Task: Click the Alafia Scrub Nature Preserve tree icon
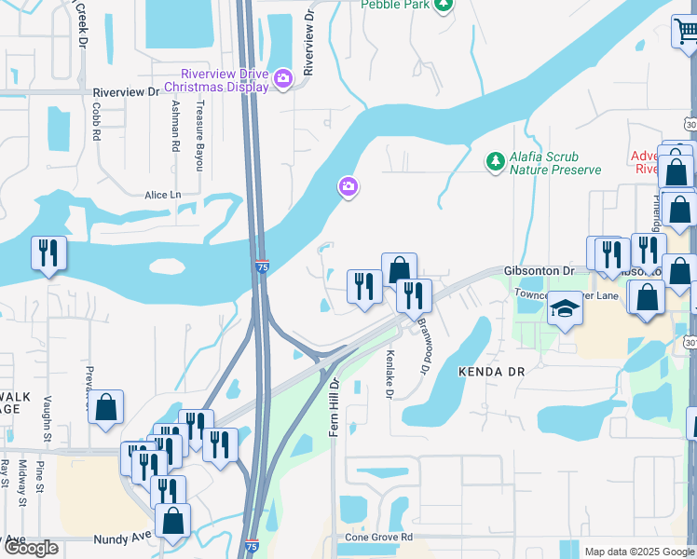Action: click(494, 162)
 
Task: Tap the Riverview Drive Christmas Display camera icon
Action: click(284, 80)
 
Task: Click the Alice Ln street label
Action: click(162, 195)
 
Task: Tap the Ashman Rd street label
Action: click(174, 129)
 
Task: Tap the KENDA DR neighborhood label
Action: click(492, 371)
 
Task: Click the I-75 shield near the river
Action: click(262, 267)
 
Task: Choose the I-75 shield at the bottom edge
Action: click(253, 547)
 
